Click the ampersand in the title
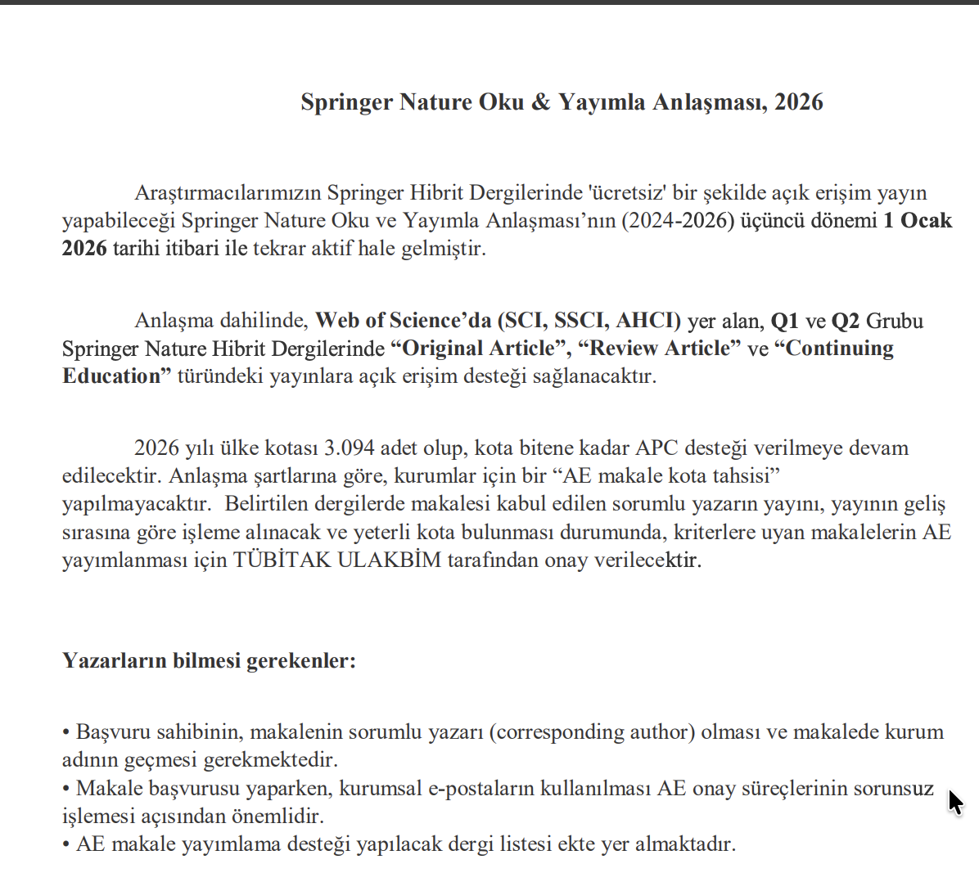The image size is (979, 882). pyautogui.click(x=540, y=102)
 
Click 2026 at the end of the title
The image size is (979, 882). pyautogui.click(x=798, y=102)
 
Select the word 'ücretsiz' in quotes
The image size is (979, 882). pyautogui.click(x=627, y=193)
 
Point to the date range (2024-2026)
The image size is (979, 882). pyautogui.click(x=678, y=221)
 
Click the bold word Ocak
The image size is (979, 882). pyautogui.click(x=927, y=221)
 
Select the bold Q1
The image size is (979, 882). pyautogui.click(x=784, y=321)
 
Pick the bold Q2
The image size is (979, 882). pyautogui.click(x=845, y=321)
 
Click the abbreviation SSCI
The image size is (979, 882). pyautogui.click(x=581, y=321)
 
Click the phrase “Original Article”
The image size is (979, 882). pyautogui.click(x=480, y=349)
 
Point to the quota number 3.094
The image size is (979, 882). pyautogui.click(x=350, y=448)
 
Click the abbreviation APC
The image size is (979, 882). pyautogui.click(x=657, y=448)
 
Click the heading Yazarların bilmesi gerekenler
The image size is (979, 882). pyautogui.click(x=209, y=660)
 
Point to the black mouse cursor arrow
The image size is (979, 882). pyautogui.click(x=954, y=802)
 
